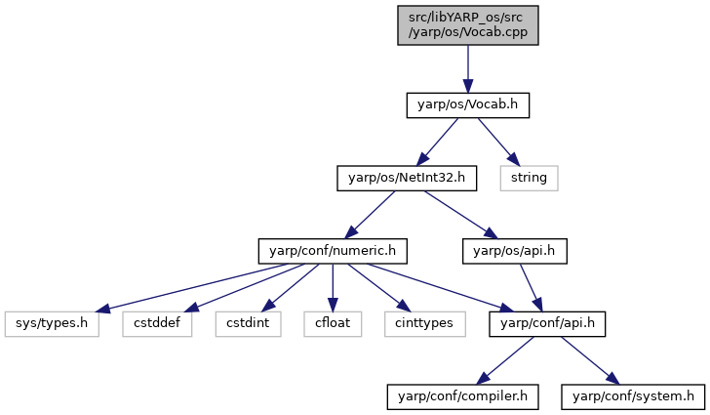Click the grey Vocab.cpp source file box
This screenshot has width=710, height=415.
(468, 25)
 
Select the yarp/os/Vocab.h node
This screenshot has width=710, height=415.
(468, 105)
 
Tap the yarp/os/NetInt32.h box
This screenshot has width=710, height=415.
(407, 178)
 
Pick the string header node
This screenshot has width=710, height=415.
(529, 178)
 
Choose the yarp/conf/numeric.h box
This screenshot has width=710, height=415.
(333, 251)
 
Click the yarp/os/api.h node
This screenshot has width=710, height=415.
(514, 251)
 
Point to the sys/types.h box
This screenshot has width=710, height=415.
(52, 323)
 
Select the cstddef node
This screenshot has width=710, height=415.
(157, 323)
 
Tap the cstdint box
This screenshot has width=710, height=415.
(248, 323)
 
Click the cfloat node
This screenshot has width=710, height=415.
(333, 323)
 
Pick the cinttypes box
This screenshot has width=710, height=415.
(425, 323)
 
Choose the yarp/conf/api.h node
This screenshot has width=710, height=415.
(547, 323)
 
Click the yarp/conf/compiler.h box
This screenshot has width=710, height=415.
(462, 396)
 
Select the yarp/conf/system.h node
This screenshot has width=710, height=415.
(633, 396)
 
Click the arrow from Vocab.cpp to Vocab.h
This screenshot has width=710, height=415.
(468, 69)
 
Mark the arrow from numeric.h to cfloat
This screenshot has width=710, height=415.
(333, 287)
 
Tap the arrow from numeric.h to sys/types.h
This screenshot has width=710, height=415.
(192, 288)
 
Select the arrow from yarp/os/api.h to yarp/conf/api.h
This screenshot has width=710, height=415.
(531, 287)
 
